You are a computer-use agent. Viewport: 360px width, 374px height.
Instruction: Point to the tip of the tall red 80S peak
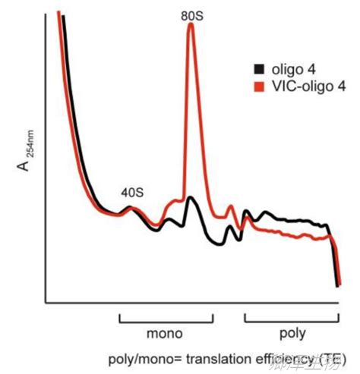coord(191,24)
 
